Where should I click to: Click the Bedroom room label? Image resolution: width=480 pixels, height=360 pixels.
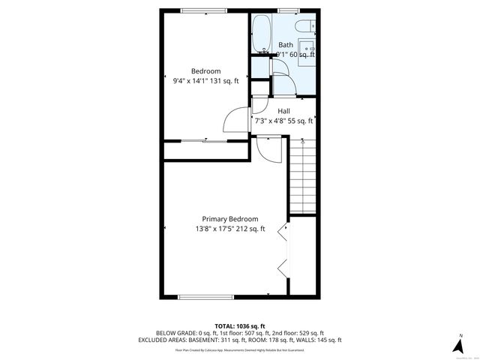tap(205, 71)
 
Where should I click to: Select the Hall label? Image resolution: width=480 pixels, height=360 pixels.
tap(283, 110)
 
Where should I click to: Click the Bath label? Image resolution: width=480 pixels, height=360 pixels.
tap(286, 45)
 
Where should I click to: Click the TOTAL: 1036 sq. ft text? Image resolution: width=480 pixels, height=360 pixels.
tap(239, 325)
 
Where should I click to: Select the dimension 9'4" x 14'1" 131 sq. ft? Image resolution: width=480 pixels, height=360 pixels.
tap(205, 81)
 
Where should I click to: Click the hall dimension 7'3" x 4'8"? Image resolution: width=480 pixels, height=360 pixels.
tap(283, 120)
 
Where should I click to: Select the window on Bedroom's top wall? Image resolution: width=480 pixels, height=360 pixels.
tap(204, 10)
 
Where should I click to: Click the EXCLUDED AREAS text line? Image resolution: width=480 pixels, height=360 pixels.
tap(239, 340)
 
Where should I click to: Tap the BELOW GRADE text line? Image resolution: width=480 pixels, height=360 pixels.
tap(239, 332)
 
